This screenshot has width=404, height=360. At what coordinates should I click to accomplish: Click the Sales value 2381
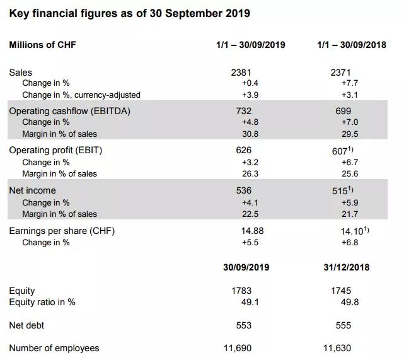coord(241,73)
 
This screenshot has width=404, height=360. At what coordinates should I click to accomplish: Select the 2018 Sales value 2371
coord(340,73)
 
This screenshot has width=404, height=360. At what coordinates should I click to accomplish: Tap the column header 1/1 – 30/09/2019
coord(251,45)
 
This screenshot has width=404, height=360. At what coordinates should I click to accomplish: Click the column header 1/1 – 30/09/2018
coord(352,45)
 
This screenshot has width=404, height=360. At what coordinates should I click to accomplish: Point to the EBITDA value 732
coord(243,111)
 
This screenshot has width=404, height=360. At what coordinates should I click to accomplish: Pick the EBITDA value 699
coord(343,111)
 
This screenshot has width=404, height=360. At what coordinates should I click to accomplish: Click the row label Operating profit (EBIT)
coord(55,150)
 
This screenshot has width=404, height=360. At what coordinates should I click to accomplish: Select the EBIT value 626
coord(243,150)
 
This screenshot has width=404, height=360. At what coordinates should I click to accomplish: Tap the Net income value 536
coord(243,190)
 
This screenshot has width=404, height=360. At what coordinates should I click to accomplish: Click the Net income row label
coord(33,190)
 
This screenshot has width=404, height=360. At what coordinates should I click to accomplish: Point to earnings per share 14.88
coord(252,231)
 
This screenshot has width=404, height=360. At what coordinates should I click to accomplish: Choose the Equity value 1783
coord(241,291)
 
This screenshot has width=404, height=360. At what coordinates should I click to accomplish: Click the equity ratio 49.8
coord(350,302)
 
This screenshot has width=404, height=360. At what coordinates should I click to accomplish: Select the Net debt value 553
coord(243,325)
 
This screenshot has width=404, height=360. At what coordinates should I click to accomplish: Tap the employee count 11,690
coord(238,348)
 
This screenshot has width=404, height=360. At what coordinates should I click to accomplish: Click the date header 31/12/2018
coord(347,267)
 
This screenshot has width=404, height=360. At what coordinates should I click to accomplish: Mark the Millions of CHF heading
coord(43,45)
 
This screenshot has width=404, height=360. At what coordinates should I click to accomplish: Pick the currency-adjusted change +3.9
coord(250,95)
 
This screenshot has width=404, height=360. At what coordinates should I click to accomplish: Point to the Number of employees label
coord(54,348)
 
